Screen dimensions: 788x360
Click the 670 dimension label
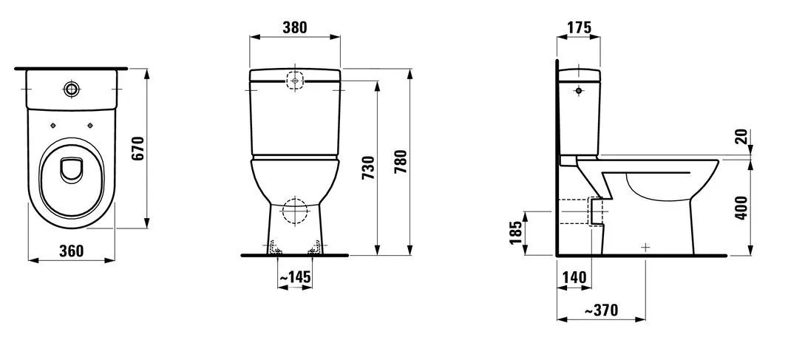tap(138, 149)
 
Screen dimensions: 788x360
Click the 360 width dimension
tap(72, 251)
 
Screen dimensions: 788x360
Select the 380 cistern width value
tap(294, 27)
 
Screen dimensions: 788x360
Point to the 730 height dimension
tap(368, 169)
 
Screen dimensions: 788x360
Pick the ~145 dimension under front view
tap(296, 276)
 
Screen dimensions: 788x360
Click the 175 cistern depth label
tap(579, 27)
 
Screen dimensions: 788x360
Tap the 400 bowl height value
tap(741, 207)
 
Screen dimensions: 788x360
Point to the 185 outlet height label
tap(516, 233)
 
